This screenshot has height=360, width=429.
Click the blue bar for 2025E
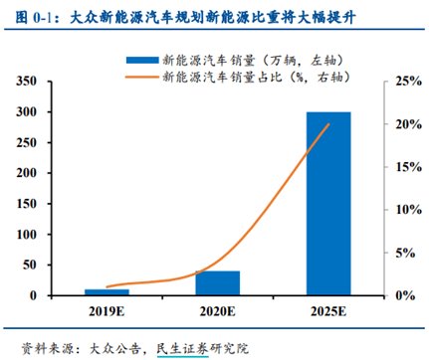(x=328, y=204)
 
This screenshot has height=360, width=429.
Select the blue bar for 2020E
(x=218, y=283)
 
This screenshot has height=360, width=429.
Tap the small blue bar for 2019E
(x=107, y=292)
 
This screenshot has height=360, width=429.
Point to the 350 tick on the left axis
(x=27, y=81)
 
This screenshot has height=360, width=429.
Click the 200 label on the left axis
(x=27, y=173)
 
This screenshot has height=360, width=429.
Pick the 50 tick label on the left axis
(x=30, y=265)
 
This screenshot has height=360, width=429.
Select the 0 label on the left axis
(x=33, y=295)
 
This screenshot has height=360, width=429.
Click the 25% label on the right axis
(x=408, y=81)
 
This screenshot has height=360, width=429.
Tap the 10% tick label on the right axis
(x=408, y=210)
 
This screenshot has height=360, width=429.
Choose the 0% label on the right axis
(x=405, y=295)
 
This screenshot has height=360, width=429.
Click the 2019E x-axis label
(x=107, y=311)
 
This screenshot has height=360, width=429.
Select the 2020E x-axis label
(x=218, y=311)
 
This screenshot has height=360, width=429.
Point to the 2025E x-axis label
(x=328, y=311)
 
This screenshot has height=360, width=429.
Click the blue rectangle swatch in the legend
(x=142, y=60)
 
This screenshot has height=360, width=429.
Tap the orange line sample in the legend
(x=142, y=77)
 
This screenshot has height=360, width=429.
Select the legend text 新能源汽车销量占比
(x=222, y=77)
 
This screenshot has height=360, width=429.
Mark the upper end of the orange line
(x=328, y=124)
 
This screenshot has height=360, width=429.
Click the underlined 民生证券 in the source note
(x=182, y=348)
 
